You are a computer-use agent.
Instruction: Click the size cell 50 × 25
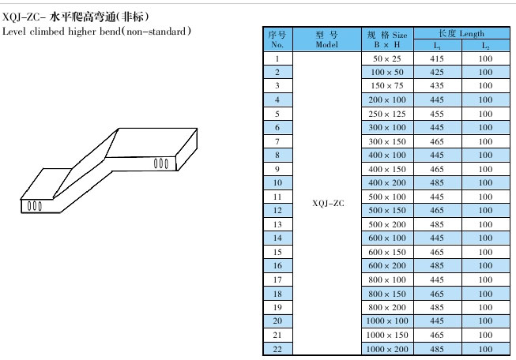[386, 59]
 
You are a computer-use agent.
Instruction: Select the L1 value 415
[437, 59]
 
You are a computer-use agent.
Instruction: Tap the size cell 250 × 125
[386, 114]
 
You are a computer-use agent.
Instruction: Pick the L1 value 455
[437, 114]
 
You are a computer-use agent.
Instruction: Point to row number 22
[277, 348]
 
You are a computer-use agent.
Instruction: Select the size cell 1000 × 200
[386, 348]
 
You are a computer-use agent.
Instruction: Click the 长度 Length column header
[461, 34]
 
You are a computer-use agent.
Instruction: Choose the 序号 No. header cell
[277, 39]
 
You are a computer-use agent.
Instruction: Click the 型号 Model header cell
[327, 39]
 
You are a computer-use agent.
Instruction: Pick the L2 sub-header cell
[485, 46]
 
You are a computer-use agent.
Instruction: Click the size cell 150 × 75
[386, 86]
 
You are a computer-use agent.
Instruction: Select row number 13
[277, 224]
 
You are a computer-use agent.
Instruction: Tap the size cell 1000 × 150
[386, 335]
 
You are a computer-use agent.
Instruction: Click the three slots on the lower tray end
[35, 206]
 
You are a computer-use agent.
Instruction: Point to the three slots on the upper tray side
[161, 163]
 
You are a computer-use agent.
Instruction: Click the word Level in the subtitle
[14, 31]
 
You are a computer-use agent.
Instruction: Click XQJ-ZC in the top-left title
[22, 16]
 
